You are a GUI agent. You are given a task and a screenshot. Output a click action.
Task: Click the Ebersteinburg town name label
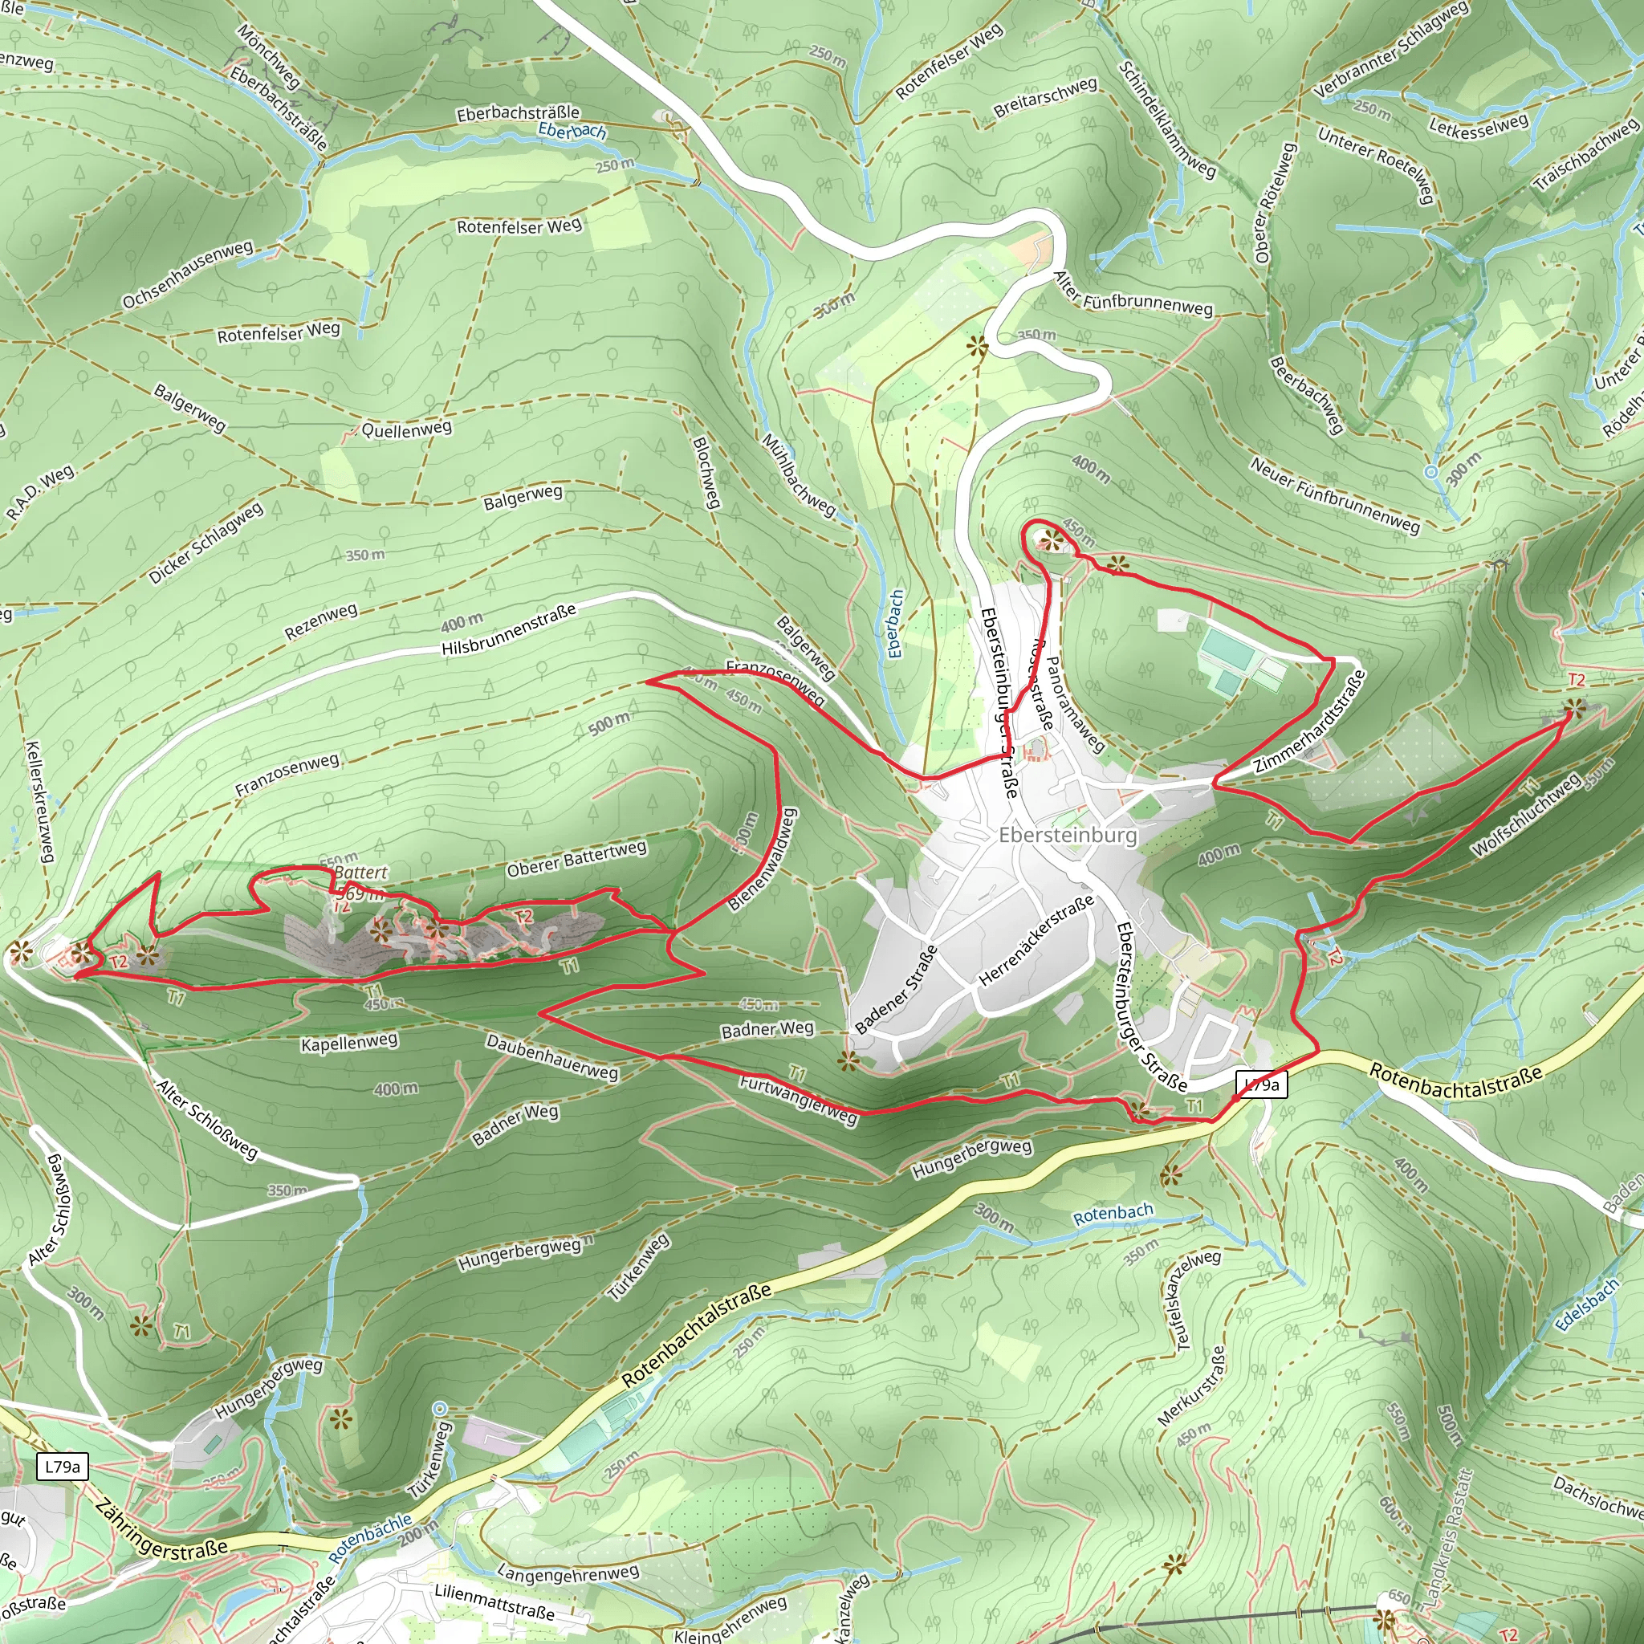point(1067,835)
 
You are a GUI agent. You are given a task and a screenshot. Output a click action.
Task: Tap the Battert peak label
point(360,873)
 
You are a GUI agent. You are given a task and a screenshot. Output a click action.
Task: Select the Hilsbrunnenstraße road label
point(508,630)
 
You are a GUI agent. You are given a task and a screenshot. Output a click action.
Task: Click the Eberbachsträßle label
point(518,113)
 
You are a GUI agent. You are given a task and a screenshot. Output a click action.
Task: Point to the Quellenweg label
point(406,429)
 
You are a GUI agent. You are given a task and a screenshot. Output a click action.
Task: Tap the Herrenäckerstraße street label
point(1036,941)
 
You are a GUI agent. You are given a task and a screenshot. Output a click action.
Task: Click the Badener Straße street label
point(895,990)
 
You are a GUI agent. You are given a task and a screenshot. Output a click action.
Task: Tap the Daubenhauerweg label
point(551,1057)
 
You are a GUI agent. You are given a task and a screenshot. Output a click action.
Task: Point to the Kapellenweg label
point(349,1043)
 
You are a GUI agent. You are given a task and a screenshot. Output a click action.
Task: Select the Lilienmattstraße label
point(494,1601)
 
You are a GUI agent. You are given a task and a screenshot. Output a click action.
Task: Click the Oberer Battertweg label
point(576,859)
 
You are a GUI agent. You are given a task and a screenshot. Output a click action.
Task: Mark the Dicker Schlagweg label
point(206,543)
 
